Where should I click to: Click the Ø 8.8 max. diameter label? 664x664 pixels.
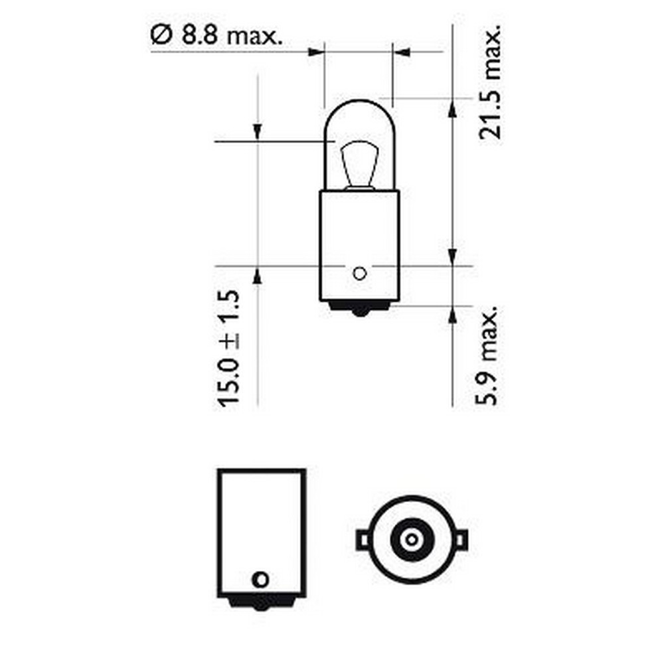[216, 36]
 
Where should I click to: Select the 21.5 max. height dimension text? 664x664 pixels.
[491, 83]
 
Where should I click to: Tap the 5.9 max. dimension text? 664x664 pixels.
[491, 356]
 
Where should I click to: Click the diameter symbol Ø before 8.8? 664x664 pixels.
[159, 36]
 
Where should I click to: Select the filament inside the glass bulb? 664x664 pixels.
[359, 166]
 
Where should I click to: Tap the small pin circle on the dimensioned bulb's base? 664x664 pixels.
[359, 272]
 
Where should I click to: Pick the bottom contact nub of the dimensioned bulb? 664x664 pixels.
[359, 309]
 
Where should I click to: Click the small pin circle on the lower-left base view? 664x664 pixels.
[262, 579]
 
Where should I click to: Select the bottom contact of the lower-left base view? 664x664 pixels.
[262, 604]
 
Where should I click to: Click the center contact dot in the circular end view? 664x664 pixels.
[411, 539]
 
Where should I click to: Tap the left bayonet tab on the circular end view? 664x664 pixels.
[363, 540]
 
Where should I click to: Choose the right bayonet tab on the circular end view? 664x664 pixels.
[460, 540]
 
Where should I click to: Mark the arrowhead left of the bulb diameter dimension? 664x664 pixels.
[316, 51]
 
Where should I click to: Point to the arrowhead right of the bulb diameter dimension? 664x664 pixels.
[400, 51]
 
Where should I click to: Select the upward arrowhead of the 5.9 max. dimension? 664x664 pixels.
[452, 315]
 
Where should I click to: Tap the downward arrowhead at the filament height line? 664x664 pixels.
[257, 132]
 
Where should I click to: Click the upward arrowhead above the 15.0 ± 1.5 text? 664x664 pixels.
[257, 274]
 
